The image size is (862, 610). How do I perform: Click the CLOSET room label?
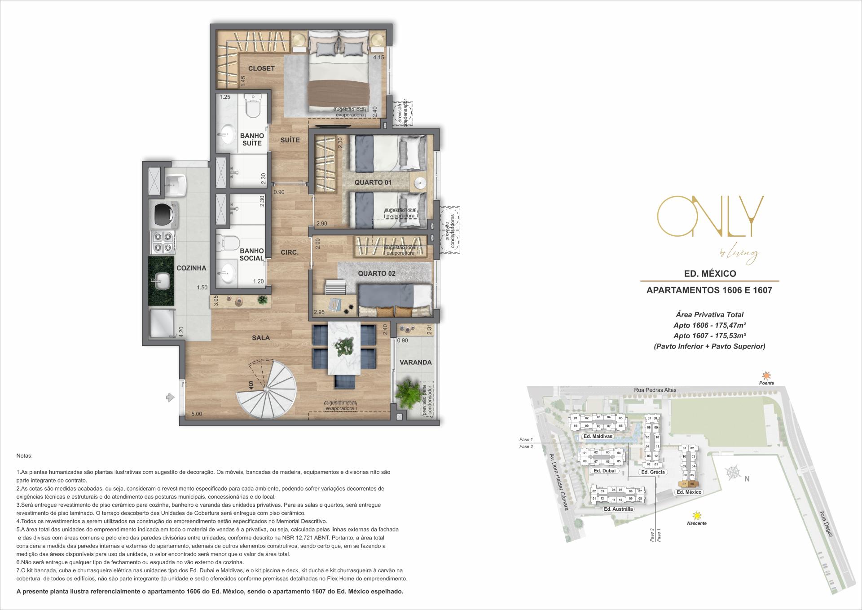pos(261,68)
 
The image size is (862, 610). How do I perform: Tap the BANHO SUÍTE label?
pos(252,139)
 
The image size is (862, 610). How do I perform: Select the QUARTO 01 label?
pos(373,182)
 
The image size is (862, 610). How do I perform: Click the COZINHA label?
pos(191,268)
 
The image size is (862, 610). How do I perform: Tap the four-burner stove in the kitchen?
pos(163,242)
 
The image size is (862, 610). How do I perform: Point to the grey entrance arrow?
pos(170,397)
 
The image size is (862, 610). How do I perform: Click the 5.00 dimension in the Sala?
pos(196,414)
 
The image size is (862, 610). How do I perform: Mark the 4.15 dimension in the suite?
pos(378,57)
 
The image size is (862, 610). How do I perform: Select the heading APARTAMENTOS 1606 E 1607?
pos(709,290)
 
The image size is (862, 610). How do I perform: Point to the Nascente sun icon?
pos(697,515)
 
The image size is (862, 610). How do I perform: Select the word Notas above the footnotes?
pos(24,455)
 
